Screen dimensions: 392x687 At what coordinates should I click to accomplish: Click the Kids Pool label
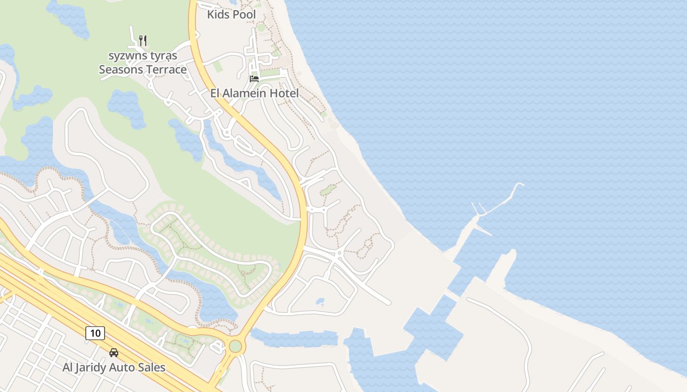pyautogui.click(x=231, y=15)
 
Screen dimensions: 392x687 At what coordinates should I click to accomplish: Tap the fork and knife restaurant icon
pyautogui.click(x=143, y=40)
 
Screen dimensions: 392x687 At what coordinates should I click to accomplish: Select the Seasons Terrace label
pyautogui.click(x=143, y=70)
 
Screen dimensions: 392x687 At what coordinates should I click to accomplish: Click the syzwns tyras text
pyautogui.click(x=143, y=56)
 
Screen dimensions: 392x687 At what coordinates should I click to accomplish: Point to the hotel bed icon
pyautogui.click(x=254, y=78)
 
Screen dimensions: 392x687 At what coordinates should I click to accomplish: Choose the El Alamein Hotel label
pyautogui.click(x=254, y=93)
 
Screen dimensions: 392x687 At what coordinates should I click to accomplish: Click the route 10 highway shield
pyautogui.click(x=95, y=333)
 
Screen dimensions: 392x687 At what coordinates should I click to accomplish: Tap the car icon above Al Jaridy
pyautogui.click(x=114, y=352)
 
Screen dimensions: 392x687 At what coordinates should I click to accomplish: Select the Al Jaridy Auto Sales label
pyautogui.click(x=114, y=367)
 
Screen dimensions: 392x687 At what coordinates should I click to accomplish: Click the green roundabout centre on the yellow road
pyautogui.click(x=236, y=346)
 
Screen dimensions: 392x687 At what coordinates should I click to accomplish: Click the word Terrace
pyautogui.click(x=165, y=70)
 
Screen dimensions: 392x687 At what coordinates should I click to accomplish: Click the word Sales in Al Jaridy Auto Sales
pyautogui.click(x=151, y=367)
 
